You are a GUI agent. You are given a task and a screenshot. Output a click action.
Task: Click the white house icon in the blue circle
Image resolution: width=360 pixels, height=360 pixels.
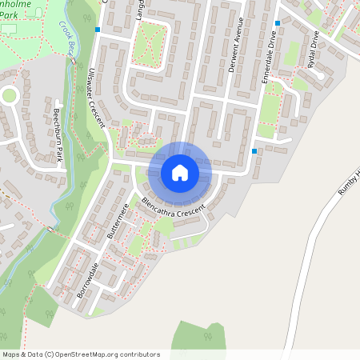180,172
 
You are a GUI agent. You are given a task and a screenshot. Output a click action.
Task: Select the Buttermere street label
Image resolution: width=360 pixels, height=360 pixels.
118,222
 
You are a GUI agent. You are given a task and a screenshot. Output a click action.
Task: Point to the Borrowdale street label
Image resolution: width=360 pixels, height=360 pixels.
86,280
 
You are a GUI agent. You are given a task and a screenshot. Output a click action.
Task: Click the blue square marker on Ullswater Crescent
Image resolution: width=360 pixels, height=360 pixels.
98,30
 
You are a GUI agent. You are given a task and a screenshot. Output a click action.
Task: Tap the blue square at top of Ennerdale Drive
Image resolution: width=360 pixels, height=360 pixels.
278,23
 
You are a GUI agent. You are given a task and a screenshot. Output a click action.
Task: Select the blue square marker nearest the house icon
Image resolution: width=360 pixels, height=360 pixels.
254,150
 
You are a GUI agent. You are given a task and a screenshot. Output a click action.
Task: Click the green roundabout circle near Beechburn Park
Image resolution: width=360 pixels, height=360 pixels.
10,95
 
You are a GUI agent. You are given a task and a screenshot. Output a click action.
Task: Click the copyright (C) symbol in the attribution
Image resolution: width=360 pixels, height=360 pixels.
49,354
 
